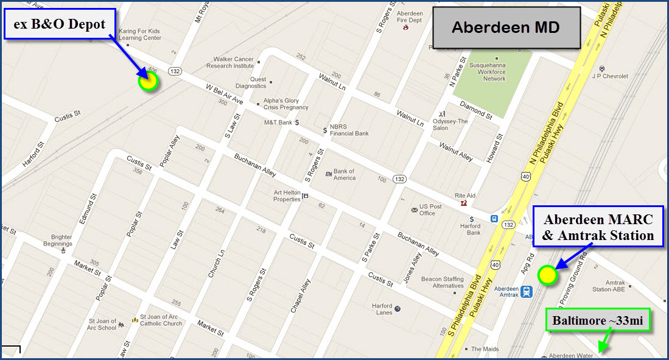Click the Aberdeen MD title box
click(505, 27)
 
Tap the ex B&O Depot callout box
click(60, 24)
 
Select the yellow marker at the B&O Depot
click(148, 81)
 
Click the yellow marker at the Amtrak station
click(547, 275)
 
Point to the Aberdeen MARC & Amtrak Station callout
click(598, 227)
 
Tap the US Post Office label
click(431, 210)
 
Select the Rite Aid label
click(464, 196)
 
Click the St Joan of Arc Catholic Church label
click(161, 320)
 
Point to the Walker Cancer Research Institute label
click(230, 62)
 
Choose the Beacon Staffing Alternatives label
click(443, 282)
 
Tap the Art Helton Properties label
click(287, 196)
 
